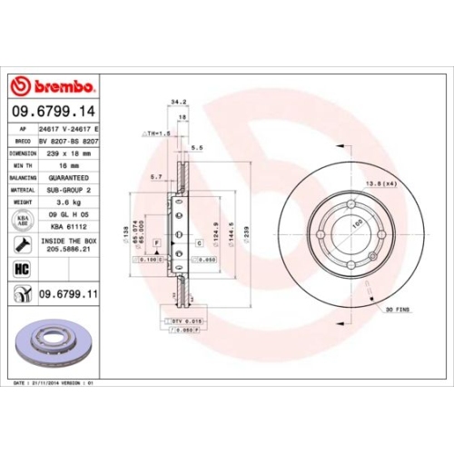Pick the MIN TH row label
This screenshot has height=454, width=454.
coord(23,166)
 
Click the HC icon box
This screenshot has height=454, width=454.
coord(23,268)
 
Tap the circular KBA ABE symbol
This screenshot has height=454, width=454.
coord(23,220)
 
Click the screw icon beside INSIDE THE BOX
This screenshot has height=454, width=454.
coord(23,244)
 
